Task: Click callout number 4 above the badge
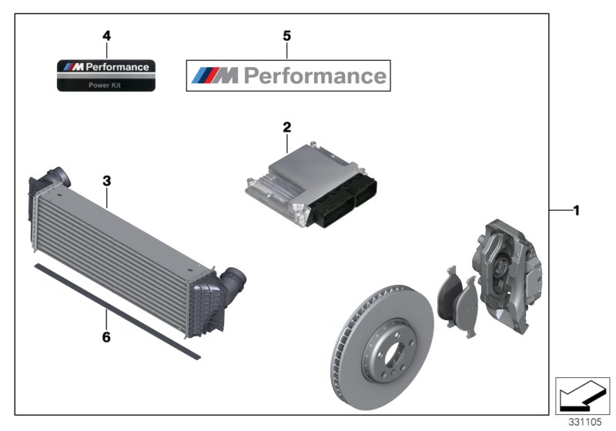(106, 35)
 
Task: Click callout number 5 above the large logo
(287, 35)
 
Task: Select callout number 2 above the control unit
(286, 126)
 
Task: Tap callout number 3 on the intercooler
(107, 182)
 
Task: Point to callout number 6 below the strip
(106, 337)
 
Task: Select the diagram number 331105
(584, 423)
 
